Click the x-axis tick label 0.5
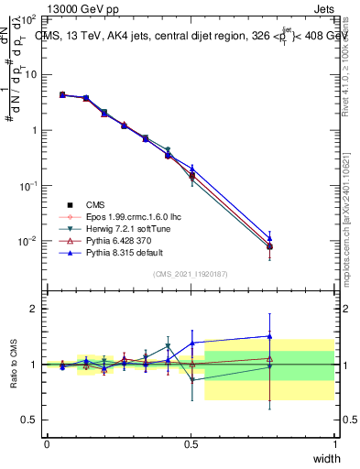pyautogui.click(x=191, y=444)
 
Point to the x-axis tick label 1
pyautogui.click(x=334, y=444)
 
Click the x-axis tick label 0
pyautogui.click(x=47, y=444)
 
